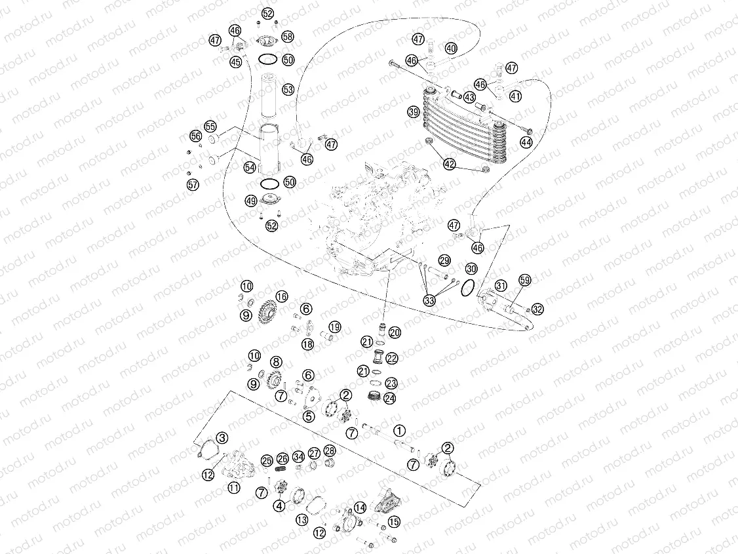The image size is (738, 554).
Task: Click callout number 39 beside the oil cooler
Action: click(x=413, y=111)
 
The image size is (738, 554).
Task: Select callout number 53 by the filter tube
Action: click(x=288, y=88)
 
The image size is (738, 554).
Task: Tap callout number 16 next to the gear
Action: click(x=282, y=296)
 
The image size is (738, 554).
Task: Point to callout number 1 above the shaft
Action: click(x=400, y=431)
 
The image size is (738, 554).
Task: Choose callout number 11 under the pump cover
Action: click(x=233, y=487)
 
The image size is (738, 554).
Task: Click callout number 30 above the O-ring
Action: click(x=471, y=269)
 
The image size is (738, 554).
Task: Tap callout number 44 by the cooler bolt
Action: click(x=526, y=142)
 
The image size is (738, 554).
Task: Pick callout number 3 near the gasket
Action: click(x=222, y=437)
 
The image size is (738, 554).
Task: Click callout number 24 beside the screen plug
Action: click(x=390, y=398)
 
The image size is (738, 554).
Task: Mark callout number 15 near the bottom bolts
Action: click(x=393, y=522)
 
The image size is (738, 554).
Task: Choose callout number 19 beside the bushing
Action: click(x=334, y=326)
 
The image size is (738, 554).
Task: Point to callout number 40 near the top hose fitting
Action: click(x=450, y=49)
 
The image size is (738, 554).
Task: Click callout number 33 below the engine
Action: click(x=429, y=301)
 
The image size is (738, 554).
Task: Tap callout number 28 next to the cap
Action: click(x=330, y=450)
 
